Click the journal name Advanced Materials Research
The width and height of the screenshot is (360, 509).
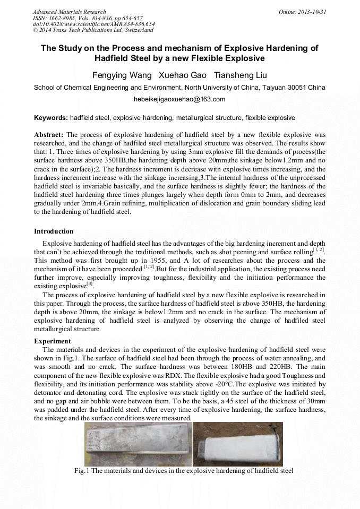tap(69, 12)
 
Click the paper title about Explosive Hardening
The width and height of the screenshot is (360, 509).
tap(179, 53)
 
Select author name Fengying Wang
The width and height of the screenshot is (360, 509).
tap(122, 75)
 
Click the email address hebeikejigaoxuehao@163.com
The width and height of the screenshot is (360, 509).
tap(179, 99)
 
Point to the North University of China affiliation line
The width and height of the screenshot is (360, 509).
tap(179, 88)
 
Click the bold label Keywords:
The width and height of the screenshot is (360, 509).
tap(51, 117)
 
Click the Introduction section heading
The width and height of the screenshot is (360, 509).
tap(54, 231)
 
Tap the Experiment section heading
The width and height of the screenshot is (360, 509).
tap(52, 341)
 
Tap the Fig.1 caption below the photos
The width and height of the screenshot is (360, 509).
tap(184, 471)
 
